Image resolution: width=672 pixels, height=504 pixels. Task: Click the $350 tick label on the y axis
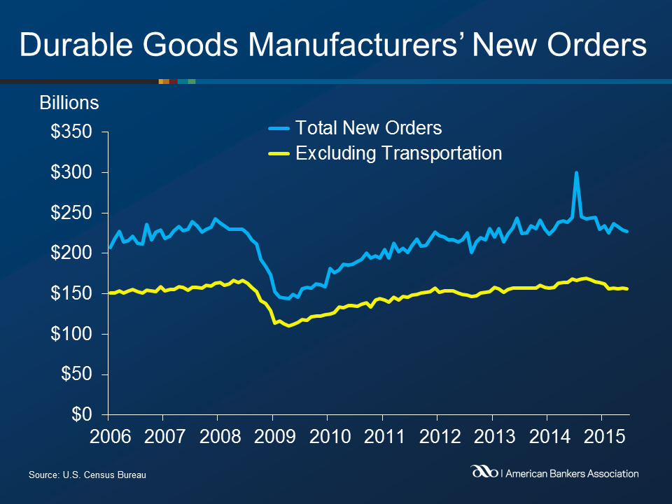click(x=72, y=132)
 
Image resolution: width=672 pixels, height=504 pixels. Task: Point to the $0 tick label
click(x=83, y=415)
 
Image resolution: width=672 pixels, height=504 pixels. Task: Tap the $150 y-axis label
click(x=72, y=294)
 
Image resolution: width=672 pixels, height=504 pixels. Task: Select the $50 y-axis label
click(x=77, y=374)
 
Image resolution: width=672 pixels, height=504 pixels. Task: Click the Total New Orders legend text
click(x=369, y=128)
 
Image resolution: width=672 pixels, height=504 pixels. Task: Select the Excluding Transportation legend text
click(x=399, y=153)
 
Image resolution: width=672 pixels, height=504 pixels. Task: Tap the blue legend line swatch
click(x=279, y=129)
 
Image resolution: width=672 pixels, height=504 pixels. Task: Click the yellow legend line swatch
click(x=279, y=153)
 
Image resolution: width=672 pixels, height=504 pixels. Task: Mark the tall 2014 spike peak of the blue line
click(x=576, y=173)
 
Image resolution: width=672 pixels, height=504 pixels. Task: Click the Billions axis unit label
click(x=69, y=103)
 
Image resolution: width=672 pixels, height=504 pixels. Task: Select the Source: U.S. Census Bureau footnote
click(x=87, y=475)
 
